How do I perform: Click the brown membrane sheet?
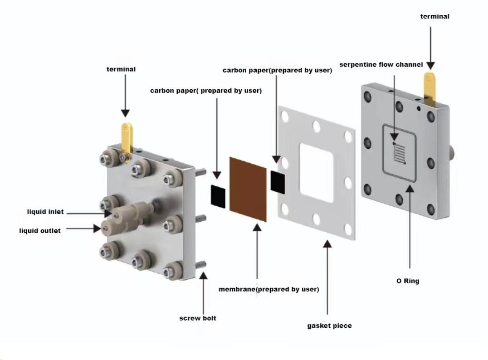tap(248, 189)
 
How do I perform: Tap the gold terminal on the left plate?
tap(127, 136)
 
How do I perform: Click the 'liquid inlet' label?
tap(45, 212)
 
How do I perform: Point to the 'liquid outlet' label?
tap(40, 231)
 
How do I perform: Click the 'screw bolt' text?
tap(198, 318)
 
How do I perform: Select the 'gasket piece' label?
tap(329, 326)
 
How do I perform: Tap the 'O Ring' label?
tap(408, 281)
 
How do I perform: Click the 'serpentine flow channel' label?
tap(381, 64)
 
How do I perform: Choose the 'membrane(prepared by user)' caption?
tap(269, 289)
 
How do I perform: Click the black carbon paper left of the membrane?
tap(218, 196)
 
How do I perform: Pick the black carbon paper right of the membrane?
tap(278, 182)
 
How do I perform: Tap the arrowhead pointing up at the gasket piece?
tap(327, 244)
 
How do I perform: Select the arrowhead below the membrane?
tap(257, 227)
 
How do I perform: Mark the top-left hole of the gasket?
tap(285, 117)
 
